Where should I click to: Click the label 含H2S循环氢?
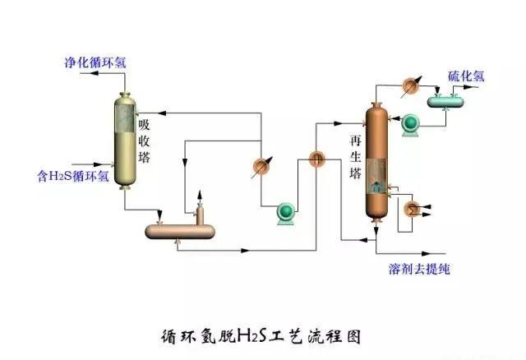point(73,174)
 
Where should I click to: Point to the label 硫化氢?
point(466,76)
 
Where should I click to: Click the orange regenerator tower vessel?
point(376,161)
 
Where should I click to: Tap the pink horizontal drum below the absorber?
point(181,231)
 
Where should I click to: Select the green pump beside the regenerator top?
point(408,123)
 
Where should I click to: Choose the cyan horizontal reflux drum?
point(445,100)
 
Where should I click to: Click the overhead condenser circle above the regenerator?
point(410,84)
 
